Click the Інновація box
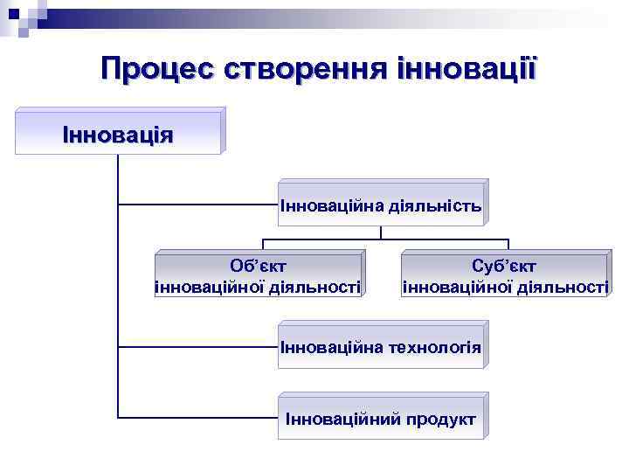[119, 134]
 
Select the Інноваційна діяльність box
[381, 205]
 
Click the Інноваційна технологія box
[381, 347]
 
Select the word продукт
[442, 419]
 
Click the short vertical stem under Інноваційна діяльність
[382, 233]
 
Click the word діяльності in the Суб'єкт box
[559, 286]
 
